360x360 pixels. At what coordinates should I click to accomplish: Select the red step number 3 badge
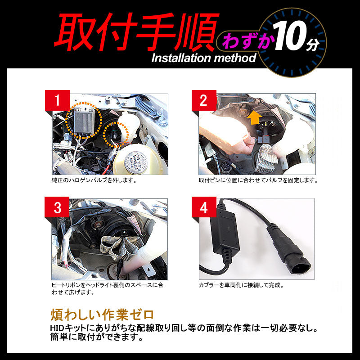click(57, 208)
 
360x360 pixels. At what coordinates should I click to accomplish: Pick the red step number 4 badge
click(203, 208)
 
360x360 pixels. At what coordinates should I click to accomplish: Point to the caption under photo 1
click(94, 180)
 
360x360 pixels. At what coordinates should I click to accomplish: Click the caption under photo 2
click(258, 180)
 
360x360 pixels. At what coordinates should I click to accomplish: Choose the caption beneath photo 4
click(241, 285)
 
